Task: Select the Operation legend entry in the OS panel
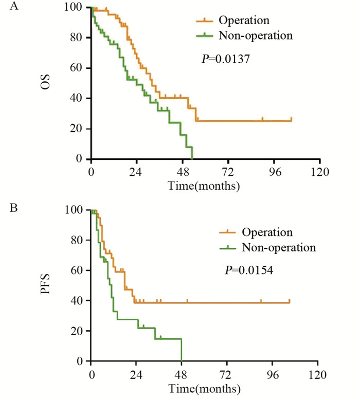coord(244,21)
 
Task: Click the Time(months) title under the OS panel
coord(204,185)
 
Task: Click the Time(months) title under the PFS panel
coord(204,387)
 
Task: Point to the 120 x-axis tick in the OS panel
coord(319,171)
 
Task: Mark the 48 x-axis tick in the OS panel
coord(183,171)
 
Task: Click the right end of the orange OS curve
coord(291,120)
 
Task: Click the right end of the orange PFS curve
coord(290,302)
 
